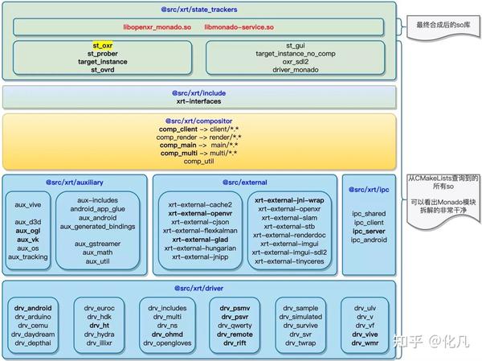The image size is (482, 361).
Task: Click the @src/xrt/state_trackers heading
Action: (x=199, y=8)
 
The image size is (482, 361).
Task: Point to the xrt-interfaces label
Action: (x=200, y=101)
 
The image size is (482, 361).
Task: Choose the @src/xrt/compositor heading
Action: (x=200, y=121)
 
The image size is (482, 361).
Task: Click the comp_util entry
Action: (x=200, y=161)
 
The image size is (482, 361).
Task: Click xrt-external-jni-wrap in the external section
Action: (x=289, y=199)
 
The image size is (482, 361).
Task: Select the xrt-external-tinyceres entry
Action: (x=289, y=262)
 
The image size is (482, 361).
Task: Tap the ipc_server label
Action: (x=370, y=230)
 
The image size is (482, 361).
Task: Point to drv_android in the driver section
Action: (x=33, y=306)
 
